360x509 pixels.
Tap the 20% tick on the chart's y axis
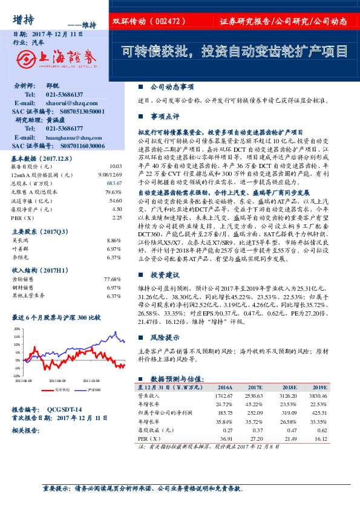pyautogui.click(x=16, y=328)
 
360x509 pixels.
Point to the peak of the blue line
pyautogui.click(x=115, y=331)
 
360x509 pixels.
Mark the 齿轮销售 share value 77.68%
pyautogui.click(x=113, y=279)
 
